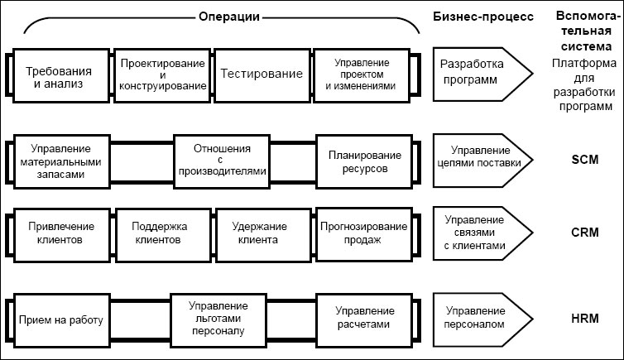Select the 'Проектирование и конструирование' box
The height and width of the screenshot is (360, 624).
pos(162,75)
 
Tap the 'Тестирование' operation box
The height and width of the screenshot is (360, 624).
pos(262,75)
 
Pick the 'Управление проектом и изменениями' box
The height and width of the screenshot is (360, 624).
pos(362,75)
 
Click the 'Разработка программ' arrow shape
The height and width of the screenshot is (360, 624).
pos(482,74)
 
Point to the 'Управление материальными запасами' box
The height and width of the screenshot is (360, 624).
pos(62,161)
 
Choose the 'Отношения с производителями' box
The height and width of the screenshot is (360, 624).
pos(222,161)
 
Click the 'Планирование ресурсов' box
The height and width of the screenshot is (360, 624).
pos(364,161)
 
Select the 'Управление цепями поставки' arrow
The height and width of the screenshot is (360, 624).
pos(482,161)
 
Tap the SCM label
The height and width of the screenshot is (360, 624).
pos(584,160)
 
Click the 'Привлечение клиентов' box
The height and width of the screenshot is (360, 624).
pos(62,236)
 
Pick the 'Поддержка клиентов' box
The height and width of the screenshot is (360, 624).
pos(164,236)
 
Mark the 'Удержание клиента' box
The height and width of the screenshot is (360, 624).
pos(263,236)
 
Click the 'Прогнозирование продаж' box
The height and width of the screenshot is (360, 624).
pos(364,236)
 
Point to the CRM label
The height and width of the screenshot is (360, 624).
pos(584,233)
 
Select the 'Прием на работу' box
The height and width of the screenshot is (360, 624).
pos(62,320)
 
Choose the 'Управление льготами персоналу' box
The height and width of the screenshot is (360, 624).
pos(218,320)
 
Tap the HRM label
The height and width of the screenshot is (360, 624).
pos(584,319)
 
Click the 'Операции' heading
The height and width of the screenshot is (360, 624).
pos(228,17)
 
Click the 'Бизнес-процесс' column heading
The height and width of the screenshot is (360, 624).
pos(483,17)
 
